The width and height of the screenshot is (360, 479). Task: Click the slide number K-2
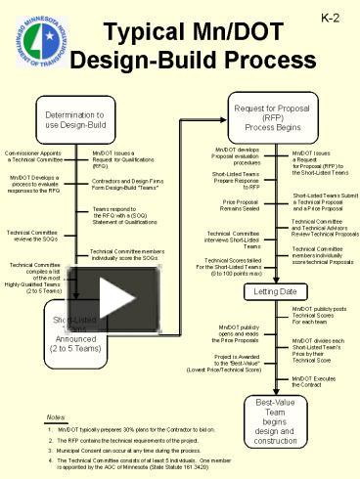[x=330, y=19]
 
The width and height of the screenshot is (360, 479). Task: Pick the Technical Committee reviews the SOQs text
[x=32, y=236]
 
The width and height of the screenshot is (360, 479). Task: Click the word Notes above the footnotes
[x=59, y=417]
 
